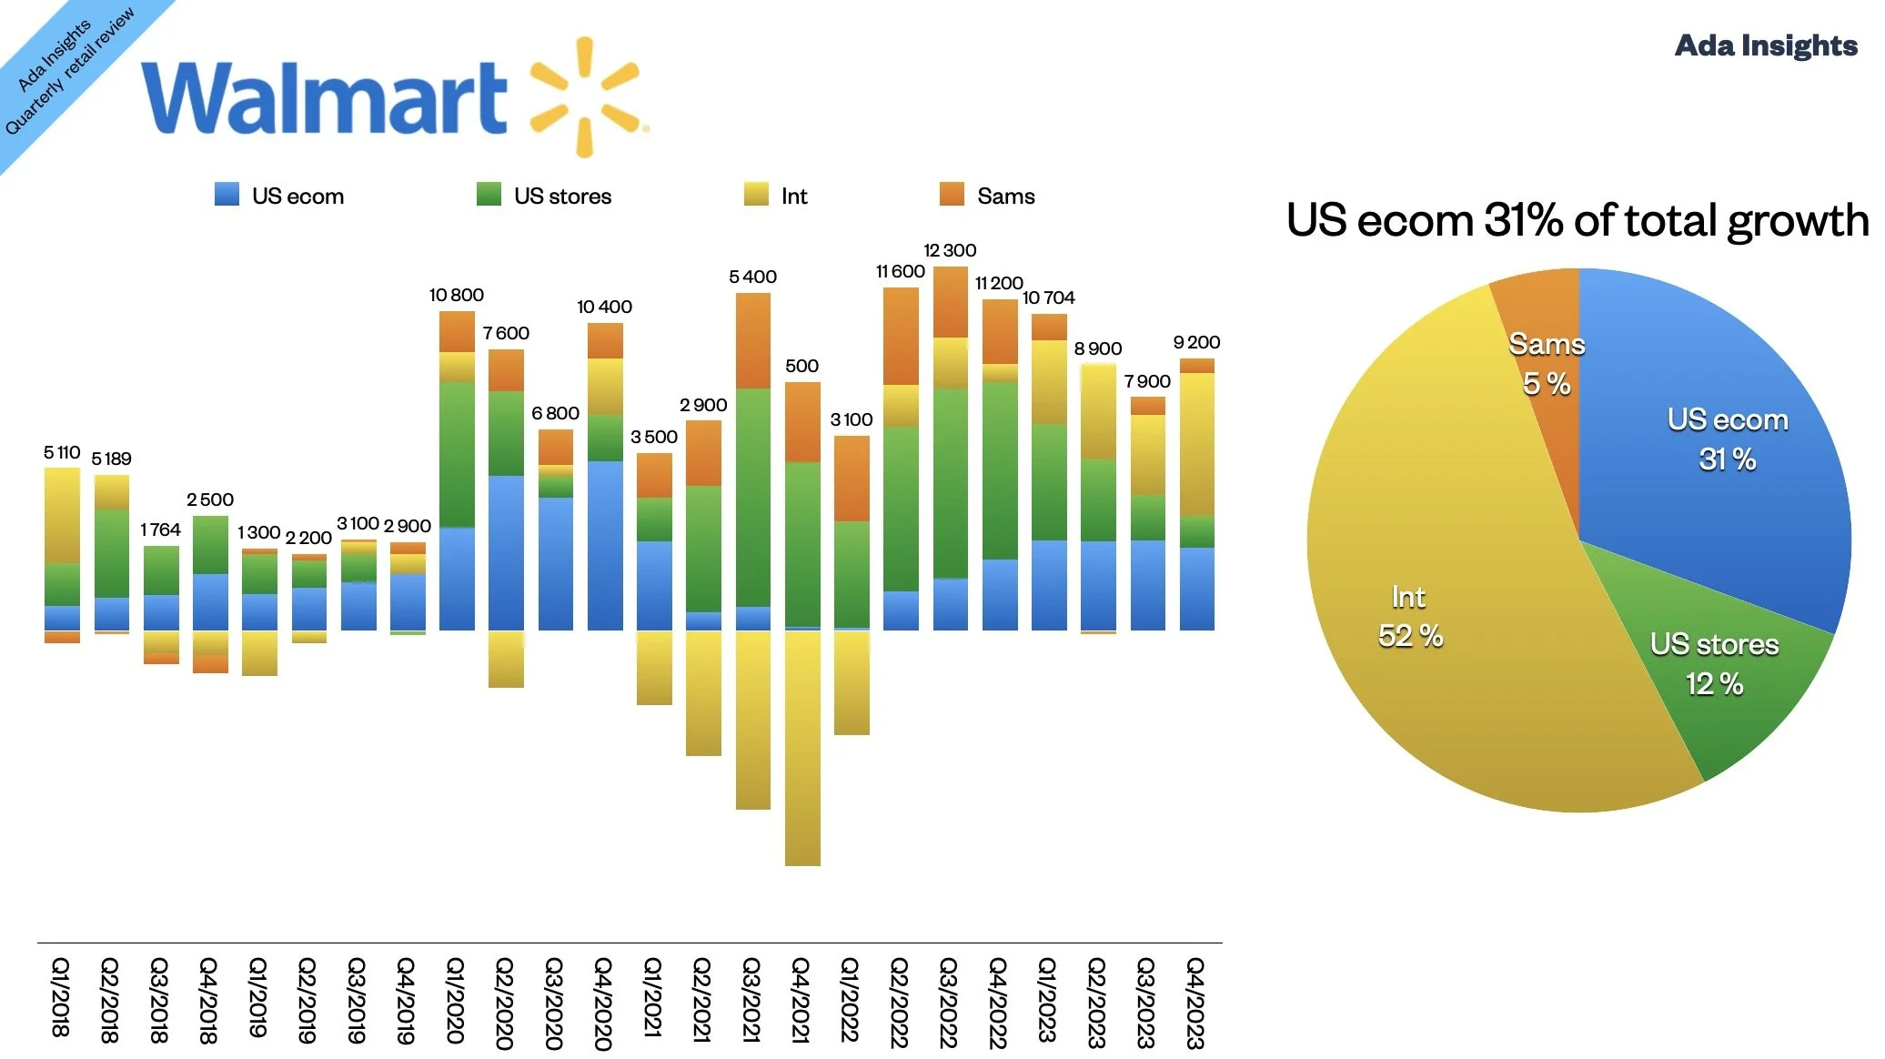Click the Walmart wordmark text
click(323, 97)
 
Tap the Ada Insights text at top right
click(1765, 45)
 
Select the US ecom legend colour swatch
click(227, 195)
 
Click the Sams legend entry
click(988, 196)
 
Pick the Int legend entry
click(776, 196)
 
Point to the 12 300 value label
click(950, 250)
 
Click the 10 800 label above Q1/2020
click(456, 295)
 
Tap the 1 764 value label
click(160, 529)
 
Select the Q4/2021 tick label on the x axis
click(801, 1000)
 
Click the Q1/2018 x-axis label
click(60, 997)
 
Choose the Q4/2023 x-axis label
click(1195, 1003)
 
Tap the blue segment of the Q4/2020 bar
click(605, 546)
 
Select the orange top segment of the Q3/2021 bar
click(752, 340)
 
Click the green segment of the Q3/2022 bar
click(950, 482)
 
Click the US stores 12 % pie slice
click(1719, 673)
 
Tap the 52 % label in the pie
click(1410, 636)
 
